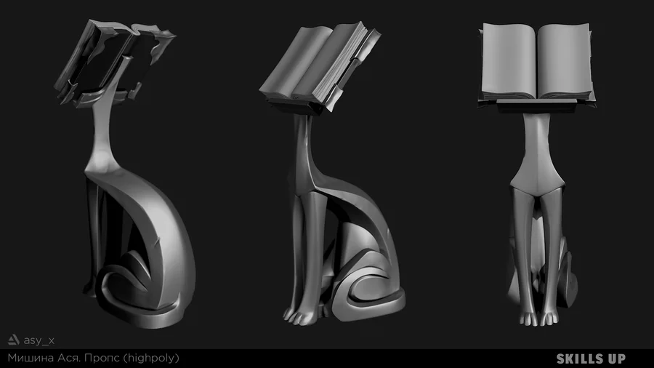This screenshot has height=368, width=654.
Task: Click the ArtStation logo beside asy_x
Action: [x=13, y=340]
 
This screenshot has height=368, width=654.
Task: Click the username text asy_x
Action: [x=39, y=340]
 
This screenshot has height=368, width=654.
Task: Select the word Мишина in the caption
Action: [x=31, y=358]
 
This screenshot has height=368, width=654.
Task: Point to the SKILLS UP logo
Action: [x=591, y=359]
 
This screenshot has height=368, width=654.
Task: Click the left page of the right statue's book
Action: [x=509, y=61]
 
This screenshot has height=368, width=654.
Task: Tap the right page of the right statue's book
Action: [x=565, y=61]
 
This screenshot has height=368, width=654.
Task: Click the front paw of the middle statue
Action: [x=300, y=316]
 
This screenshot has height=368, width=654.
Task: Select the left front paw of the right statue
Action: [x=528, y=319]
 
